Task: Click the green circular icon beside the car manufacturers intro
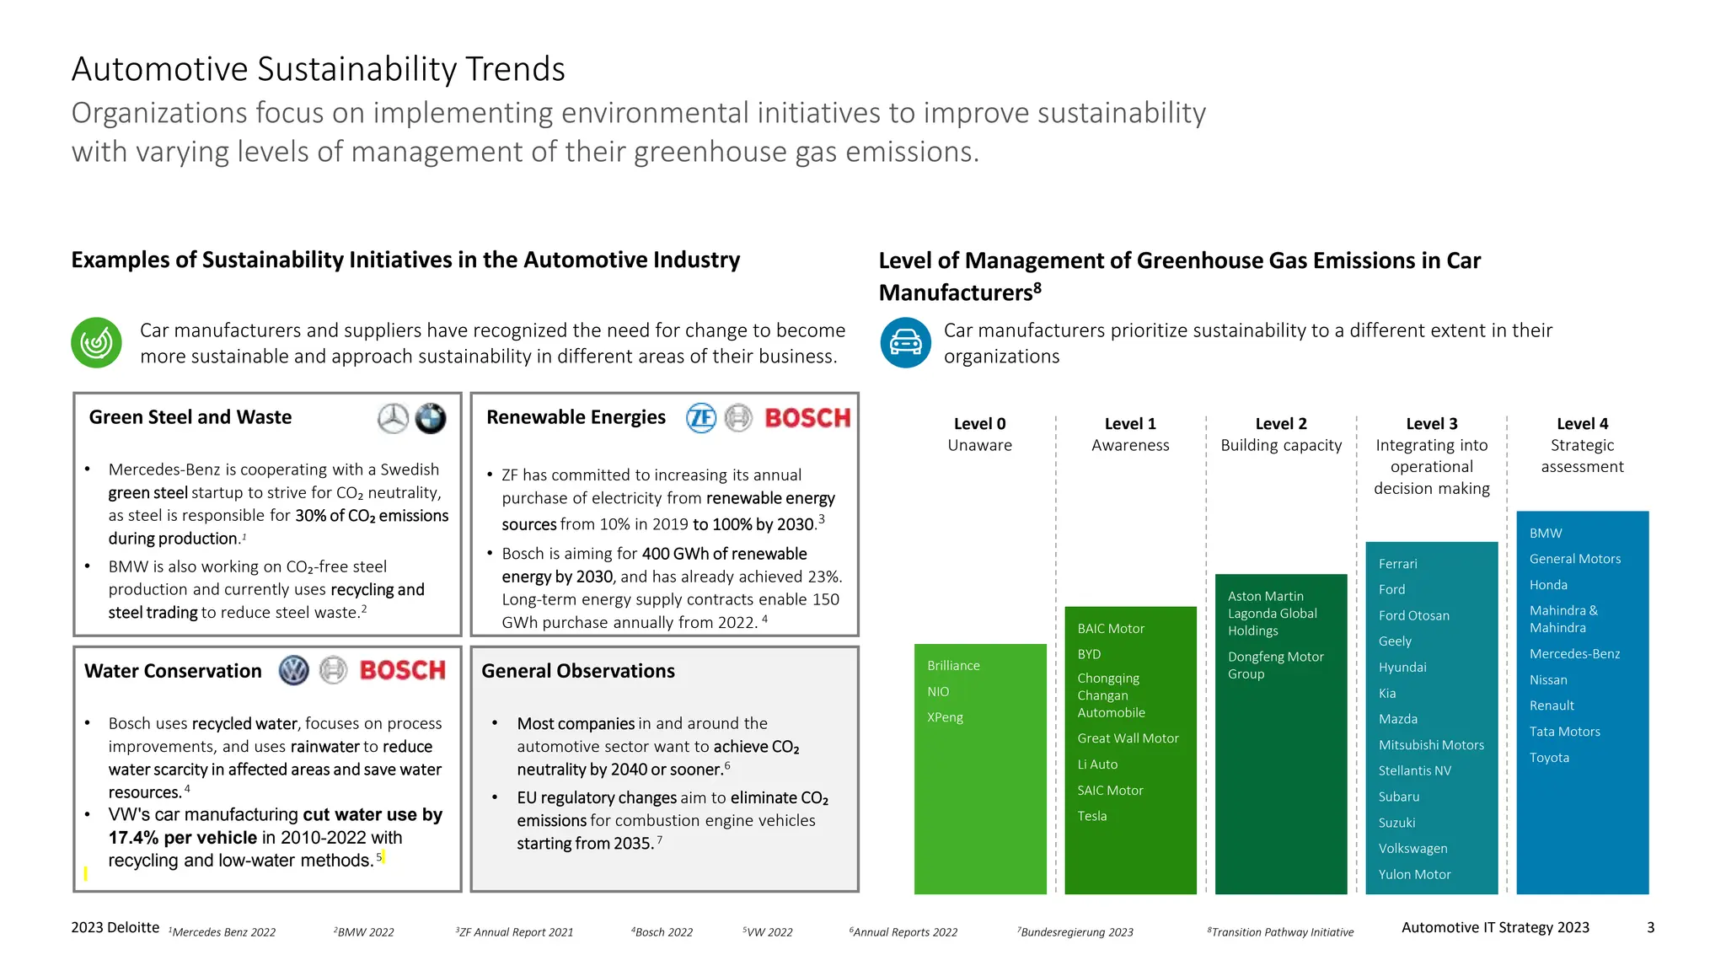[x=96, y=343]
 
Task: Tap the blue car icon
[x=905, y=343]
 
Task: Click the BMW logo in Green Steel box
[x=431, y=418]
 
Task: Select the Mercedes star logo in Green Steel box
[x=393, y=418]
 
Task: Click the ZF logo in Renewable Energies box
[x=701, y=418]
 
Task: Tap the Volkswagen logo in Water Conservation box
[x=294, y=671]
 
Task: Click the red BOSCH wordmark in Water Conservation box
[x=402, y=671]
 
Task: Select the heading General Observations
[x=578, y=671]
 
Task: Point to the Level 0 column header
[x=979, y=434]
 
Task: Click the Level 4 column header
[x=1582, y=445]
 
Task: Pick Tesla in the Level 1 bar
[x=1092, y=816]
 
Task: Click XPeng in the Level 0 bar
[x=945, y=717]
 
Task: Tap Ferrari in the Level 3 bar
[x=1397, y=564]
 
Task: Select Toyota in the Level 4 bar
[x=1549, y=758]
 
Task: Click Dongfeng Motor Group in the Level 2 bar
[x=1275, y=665]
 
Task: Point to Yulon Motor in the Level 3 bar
[x=1414, y=875]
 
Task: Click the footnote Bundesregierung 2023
[x=1075, y=932]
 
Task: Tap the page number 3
[x=1650, y=928]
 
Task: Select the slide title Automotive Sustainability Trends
[x=319, y=69]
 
